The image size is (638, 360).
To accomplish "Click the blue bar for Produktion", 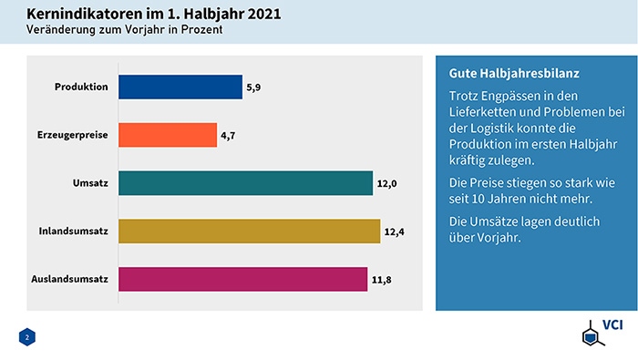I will tap(180, 87).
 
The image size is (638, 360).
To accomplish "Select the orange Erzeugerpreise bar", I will tap(168, 136).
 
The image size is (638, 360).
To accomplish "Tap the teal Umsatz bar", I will tap(246, 183).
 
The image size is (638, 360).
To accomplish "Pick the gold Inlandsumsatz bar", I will tap(249, 231).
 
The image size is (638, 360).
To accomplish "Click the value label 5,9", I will tap(255, 87).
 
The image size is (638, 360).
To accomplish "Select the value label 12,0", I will tap(387, 184).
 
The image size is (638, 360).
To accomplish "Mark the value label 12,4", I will tap(394, 231).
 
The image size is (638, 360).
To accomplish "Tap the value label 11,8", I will tap(381, 280).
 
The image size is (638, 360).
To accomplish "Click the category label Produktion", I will tap(82, 87).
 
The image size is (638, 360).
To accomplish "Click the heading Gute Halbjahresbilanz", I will tap(515, 72).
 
